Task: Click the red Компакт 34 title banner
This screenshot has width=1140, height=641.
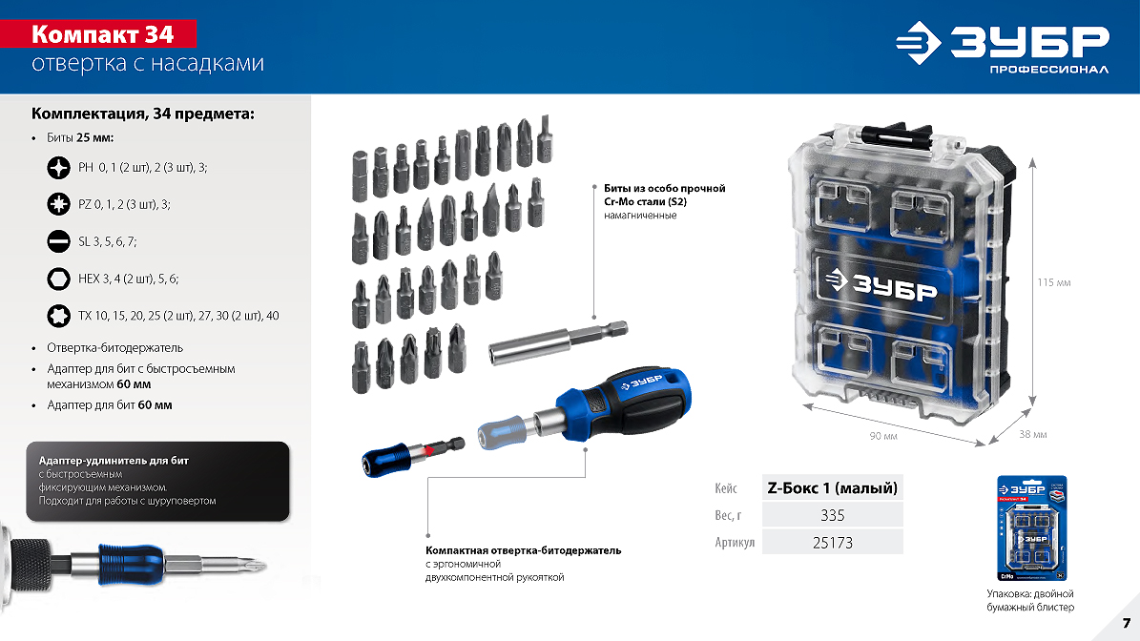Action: coord(98,34)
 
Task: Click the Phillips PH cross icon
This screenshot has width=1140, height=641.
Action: coord(58,168)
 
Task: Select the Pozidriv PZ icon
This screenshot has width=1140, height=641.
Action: coord(58,204)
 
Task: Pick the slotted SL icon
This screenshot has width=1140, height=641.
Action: coord(58,241)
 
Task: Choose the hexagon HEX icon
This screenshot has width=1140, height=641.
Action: coord(58,279)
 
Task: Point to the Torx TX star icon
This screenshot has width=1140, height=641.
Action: coord(58,316)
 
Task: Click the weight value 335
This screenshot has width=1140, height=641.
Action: coord(833,515)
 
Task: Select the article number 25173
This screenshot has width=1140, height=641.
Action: coord(833,542)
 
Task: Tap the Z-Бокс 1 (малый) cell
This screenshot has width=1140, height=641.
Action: coord(833,487)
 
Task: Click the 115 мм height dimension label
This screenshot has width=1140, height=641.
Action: coord(1053,282)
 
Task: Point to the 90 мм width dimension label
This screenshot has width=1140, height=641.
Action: coord(883,436)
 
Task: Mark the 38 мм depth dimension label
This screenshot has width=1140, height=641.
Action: coord(1032,435)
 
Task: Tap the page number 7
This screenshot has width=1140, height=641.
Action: coord(1127,623)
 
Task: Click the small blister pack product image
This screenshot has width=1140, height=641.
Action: coord(1031,529)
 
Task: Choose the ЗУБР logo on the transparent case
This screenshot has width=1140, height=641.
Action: coord(881,284)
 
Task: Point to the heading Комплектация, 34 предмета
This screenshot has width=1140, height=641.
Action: coord(142,114)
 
